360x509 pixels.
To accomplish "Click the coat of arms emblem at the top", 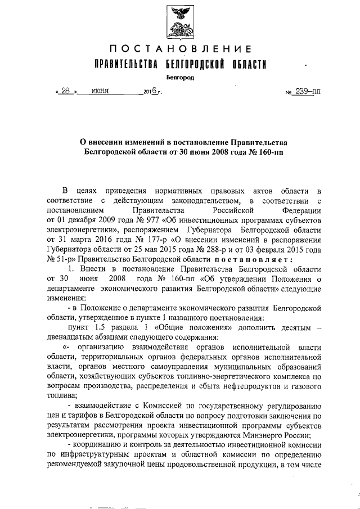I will (x=180, y=21).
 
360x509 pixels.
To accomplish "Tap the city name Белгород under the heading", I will (x=180, y=78).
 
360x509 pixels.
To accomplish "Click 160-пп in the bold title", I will (x=264, y=152).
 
